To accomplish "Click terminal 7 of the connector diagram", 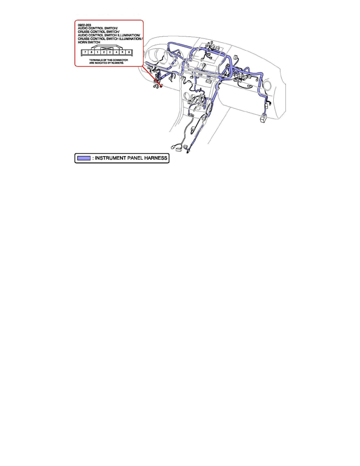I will [x=85, y=52].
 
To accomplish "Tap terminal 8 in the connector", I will [x=91, y=52].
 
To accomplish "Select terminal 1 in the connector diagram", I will [x=98, y=52].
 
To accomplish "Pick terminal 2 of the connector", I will [x=104, y=52].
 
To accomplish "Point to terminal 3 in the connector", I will [x=110, y=52].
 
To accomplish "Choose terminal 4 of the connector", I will [x=116, y=52].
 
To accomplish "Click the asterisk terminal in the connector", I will [x=123, y=52].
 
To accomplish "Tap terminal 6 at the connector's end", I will [x=129, y=52].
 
